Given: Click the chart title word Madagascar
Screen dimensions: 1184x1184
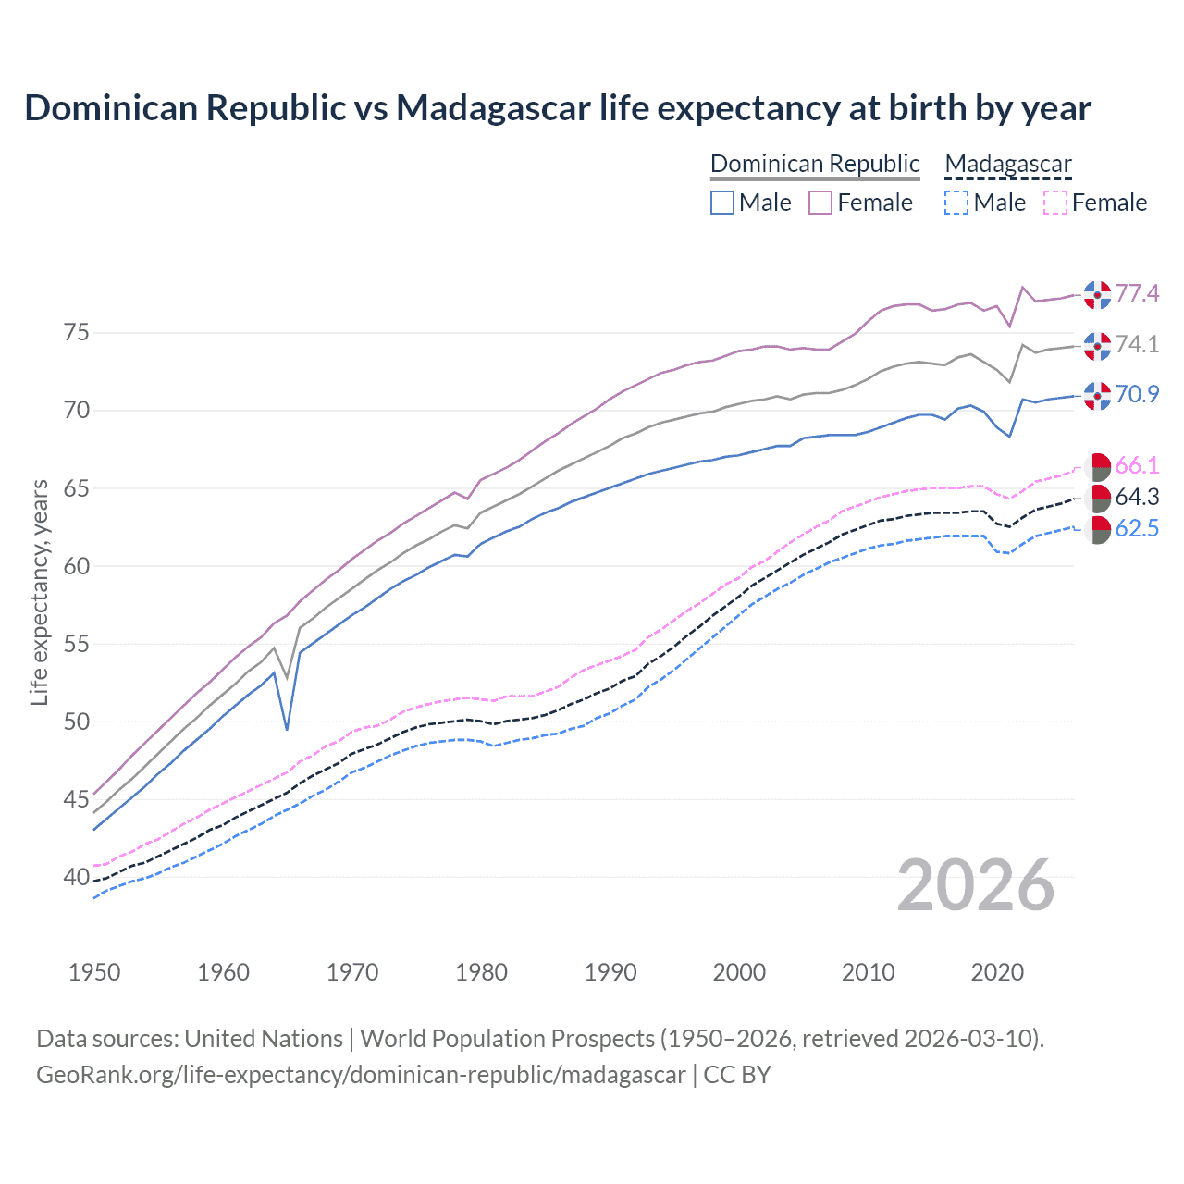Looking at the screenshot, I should point(493,108).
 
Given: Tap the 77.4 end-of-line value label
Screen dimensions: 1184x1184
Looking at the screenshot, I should point(1137,294).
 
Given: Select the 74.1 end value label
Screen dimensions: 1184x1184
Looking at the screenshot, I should point(1137,345).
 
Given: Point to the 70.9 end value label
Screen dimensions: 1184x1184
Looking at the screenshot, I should point(1137,394).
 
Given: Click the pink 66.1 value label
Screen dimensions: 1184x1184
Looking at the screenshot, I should point(1137,465).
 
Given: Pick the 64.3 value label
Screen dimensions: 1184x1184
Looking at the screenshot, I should point(1137,498).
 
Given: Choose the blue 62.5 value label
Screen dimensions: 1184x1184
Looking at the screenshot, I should point(1137,529).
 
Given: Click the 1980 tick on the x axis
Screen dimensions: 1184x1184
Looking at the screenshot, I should point(482,972).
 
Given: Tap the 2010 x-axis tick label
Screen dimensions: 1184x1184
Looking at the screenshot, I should point(868,972).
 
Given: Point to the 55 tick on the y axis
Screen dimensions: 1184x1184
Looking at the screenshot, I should point(77,644).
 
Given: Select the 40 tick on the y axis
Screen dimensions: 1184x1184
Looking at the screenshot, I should point(77,877).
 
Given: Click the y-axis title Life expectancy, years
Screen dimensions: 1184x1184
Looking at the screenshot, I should point(40,592).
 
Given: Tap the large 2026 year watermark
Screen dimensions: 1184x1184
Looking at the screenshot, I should point(976,885).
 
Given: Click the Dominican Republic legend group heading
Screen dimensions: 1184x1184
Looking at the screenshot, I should point(815,165).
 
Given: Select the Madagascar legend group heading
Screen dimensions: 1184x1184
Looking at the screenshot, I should point(1007,165).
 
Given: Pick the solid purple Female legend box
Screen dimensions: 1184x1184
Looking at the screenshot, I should point(820,203).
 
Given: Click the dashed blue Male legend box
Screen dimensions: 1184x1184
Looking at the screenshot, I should point(956,203).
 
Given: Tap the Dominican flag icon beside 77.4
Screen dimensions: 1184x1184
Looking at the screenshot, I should point(1097,294).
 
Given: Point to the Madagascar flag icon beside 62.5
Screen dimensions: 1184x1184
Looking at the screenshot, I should point(1097,530).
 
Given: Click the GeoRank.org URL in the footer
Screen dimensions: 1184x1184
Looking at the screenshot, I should point(361,1075).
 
